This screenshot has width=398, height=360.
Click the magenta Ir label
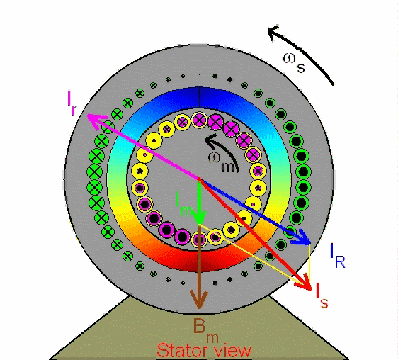72,103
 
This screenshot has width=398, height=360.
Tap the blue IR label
338,256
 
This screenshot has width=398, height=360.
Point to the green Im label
185,204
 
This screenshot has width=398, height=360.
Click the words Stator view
205,350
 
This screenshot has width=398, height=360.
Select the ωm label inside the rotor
222,162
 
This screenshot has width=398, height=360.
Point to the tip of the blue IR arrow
310,244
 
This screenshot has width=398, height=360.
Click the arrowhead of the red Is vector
311,290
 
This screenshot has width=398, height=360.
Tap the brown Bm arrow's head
199,308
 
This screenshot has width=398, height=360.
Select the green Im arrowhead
200,224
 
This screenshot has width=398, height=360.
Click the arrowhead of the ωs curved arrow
268,30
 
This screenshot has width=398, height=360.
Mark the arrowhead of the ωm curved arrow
205,139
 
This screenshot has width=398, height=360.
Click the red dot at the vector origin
199,179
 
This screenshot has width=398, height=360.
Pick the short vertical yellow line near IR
309,261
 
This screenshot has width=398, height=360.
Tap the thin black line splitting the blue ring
199,97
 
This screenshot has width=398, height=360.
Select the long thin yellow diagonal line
254,253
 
